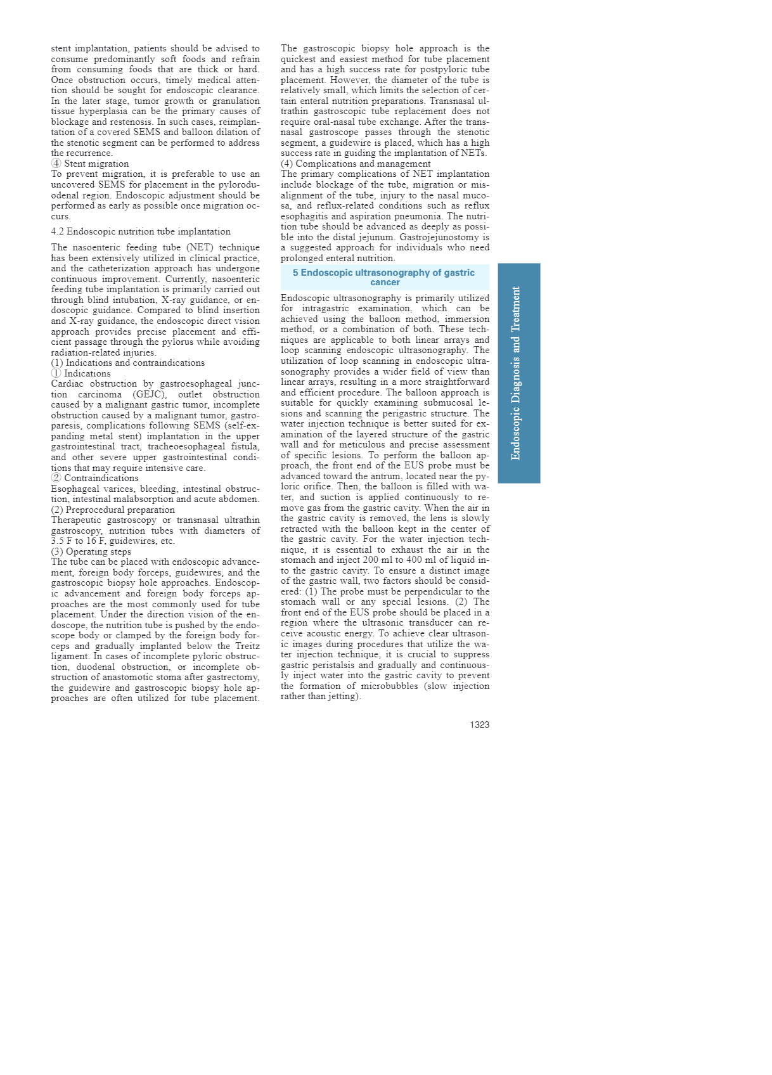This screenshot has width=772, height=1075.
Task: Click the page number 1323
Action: pos(479,724)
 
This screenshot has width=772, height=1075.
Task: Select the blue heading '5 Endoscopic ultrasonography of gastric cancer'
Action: pos(384,277)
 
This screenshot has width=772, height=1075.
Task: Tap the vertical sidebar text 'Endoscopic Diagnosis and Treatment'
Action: pos(516,373)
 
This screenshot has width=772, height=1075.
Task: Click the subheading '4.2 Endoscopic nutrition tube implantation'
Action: pos(141,231)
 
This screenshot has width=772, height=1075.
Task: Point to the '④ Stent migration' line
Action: pos(90,164)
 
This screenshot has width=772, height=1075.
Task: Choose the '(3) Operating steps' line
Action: pos(91,551)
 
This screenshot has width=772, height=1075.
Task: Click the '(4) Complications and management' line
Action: pos(356,164)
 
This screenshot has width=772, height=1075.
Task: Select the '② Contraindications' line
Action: pos(94,478)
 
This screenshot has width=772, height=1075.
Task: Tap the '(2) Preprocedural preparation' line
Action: pos(113,510)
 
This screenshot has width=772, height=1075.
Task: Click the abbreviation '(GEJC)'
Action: pos(149,394)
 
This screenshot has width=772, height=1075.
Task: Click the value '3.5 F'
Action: pos(61,541)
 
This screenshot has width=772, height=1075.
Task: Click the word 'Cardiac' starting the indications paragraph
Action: pos(68,383)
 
